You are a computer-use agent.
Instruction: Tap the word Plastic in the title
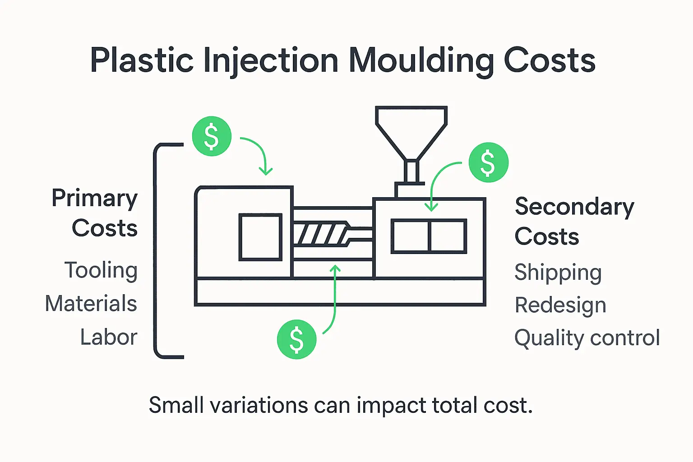142,61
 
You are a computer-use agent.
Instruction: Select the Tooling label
101,271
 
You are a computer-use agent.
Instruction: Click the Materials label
91,304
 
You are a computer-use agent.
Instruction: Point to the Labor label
109,337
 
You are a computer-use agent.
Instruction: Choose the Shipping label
558,273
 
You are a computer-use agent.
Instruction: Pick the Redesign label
560,305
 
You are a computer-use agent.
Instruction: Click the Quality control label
587,338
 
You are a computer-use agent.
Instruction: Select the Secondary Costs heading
574,221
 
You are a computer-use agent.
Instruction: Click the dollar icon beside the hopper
489,162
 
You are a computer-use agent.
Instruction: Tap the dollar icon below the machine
296,339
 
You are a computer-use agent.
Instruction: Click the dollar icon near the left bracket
212,136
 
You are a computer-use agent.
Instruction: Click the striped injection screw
321,234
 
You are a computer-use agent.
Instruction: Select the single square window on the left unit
260,237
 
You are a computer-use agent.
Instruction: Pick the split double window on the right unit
429,236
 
